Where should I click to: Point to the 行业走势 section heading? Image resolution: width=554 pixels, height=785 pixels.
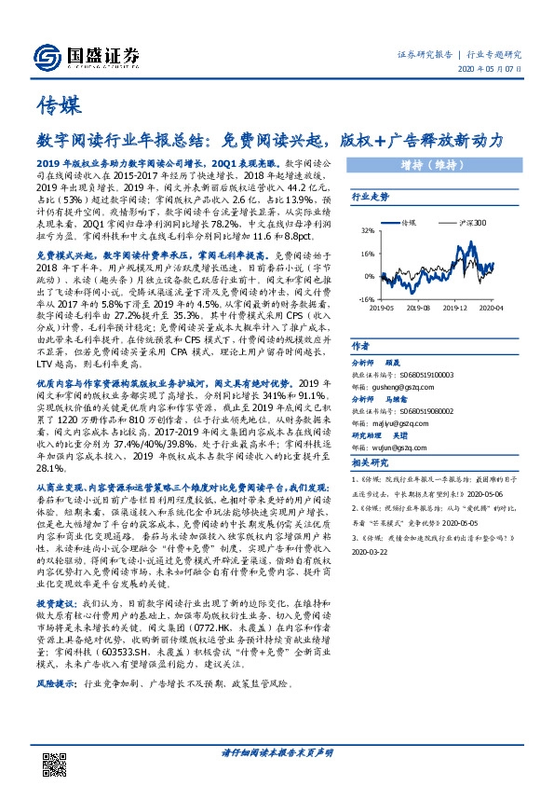coord(369,198)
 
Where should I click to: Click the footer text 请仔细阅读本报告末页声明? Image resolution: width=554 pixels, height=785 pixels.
coord(277,751)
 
